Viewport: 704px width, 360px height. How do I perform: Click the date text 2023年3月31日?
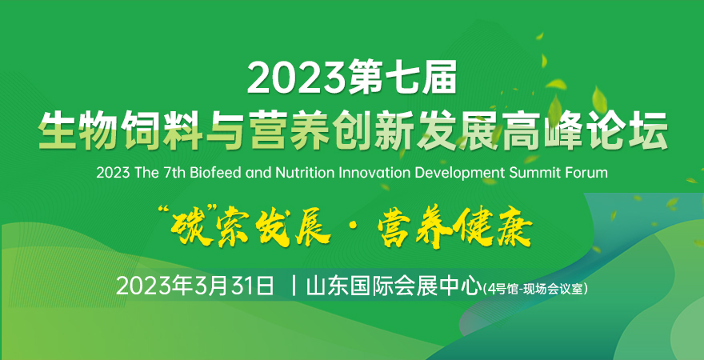(x=195, y=286)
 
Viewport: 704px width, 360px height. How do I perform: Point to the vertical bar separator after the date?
(x=294, y=286)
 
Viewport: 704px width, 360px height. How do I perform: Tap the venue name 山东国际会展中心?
(x=391, y=286)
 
